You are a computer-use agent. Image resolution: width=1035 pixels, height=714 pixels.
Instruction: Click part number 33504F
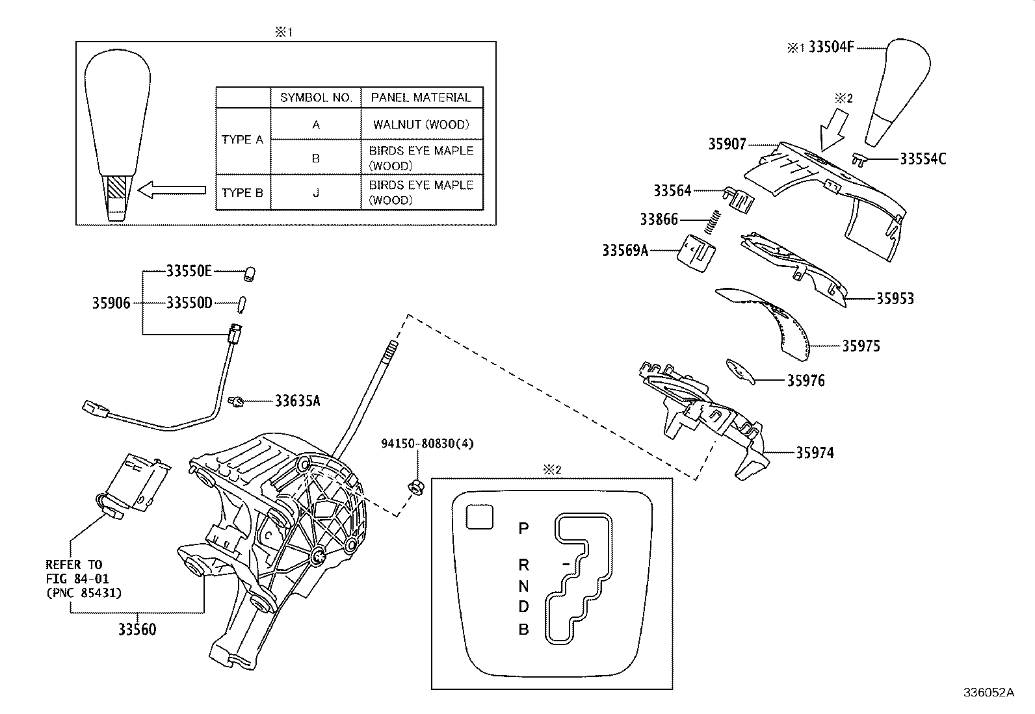click(x=830, y=47)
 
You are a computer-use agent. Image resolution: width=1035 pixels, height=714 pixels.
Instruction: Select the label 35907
click(x=727, y=144)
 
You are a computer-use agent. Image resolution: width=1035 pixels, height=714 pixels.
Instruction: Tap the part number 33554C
click(x=923, y=159)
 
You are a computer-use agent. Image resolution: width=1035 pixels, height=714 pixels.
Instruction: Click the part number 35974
click(x=815, y=452)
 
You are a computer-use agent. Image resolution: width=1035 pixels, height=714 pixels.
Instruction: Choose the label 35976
click(x=806, y=381)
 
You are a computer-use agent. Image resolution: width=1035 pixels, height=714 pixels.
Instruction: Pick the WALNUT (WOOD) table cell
click(x=421, y=124)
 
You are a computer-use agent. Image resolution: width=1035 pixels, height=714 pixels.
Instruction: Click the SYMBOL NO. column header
click(x=316, y=97)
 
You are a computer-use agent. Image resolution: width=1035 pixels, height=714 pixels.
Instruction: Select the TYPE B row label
click(x=242, y=192)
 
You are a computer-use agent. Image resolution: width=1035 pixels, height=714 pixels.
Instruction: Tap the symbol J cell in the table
click(x=316, y=192)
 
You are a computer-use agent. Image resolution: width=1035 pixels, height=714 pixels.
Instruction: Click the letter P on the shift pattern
click(x=523, y=528)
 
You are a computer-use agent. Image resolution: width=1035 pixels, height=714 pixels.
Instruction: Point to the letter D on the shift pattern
click(x=523, y=607)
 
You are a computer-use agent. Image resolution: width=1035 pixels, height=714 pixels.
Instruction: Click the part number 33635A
click(x=297, y=401)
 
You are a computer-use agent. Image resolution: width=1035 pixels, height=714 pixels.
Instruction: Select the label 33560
click(x=137, y=629)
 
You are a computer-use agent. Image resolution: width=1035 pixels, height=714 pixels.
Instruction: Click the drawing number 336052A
click(x=988, y=693)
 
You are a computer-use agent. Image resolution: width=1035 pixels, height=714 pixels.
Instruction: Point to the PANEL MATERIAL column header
click(x=421, y=97)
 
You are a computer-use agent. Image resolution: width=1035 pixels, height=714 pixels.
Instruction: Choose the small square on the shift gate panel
click(x=479, y=516)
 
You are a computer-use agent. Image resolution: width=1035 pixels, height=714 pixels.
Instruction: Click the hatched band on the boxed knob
click(x=118, y=188)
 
